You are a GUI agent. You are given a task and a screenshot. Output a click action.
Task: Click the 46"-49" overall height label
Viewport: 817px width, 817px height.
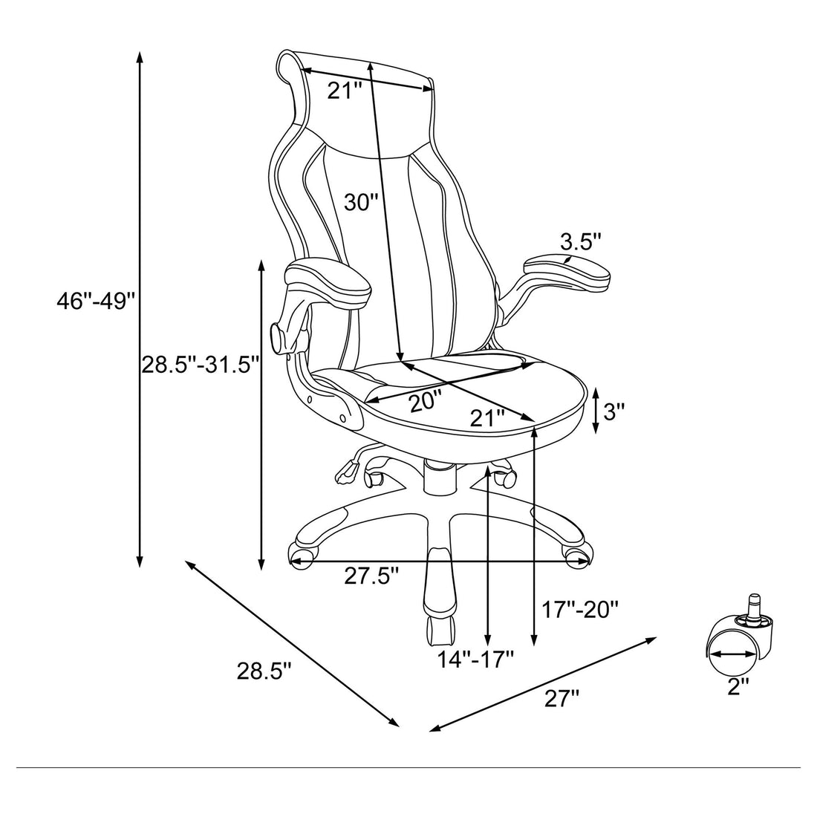(97, 302)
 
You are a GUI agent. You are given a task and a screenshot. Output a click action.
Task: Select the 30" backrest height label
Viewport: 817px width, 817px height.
(362, 202)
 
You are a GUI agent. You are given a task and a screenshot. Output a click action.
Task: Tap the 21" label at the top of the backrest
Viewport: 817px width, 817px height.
(345, 91)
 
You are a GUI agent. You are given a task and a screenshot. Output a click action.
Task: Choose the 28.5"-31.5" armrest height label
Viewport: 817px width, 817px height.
(201, 365)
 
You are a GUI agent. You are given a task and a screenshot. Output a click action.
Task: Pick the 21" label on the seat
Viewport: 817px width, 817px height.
(487, 417)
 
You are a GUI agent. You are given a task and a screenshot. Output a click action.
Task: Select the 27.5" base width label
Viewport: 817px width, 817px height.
(371, 576)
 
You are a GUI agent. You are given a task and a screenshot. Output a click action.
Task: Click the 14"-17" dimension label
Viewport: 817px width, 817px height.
(475, 658)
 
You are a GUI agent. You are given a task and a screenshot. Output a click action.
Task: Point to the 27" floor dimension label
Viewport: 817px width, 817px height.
(560, 698)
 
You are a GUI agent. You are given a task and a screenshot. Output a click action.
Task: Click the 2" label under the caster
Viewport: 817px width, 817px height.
(735, 686)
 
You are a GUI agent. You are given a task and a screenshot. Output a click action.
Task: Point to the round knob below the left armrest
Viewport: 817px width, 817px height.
(278, 338)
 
